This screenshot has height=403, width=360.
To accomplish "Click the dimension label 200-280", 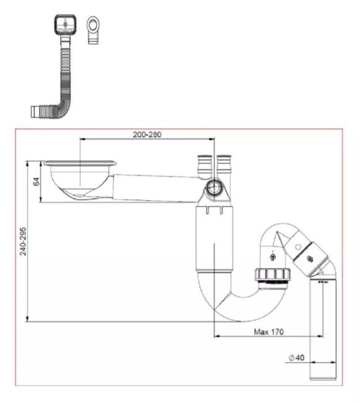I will pos(147,135).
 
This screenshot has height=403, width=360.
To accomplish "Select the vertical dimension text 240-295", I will pos(24,241).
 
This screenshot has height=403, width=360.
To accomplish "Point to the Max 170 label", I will pos(268,332).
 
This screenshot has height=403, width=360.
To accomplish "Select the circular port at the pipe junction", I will pos(215,188).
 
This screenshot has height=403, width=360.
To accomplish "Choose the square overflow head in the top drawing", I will pos(63,25).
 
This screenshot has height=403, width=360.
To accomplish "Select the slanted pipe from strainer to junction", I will pos(155,187).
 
